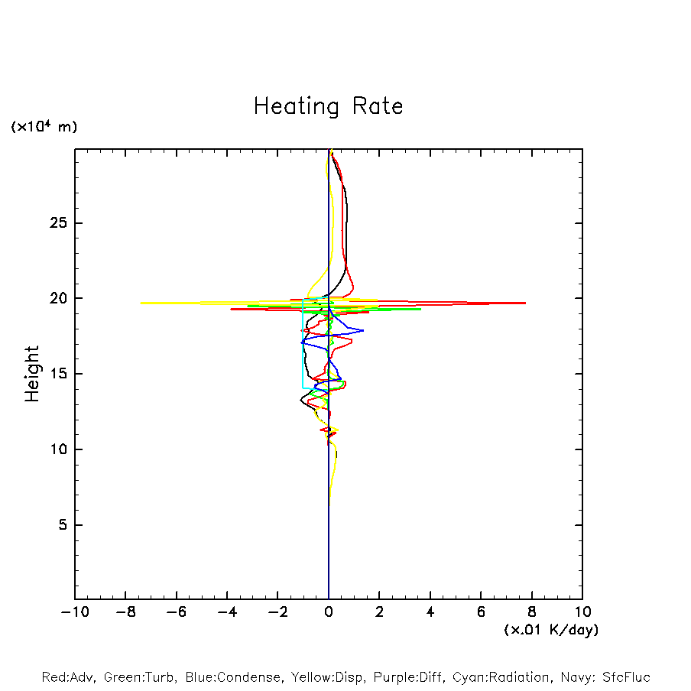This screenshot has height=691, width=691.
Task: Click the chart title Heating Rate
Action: (x=328, y=105)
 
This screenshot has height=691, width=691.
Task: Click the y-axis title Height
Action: (x=32, y=374)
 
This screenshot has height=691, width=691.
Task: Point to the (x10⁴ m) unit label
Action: (x=44, y=127)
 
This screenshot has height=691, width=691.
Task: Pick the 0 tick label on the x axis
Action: (x=329, y=612)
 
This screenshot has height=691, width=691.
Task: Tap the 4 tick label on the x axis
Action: (x=430, y=612)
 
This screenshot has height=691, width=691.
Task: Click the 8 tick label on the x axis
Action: (x=532, y=612)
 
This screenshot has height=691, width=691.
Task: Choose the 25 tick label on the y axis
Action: (x=56, y=223)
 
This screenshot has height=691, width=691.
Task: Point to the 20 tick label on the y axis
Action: (x=56, y=298)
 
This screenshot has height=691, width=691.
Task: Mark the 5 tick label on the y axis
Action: (x=60, y=525)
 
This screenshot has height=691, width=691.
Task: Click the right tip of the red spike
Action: (x=525, y=303)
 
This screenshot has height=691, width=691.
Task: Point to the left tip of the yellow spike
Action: (x=141, y=303)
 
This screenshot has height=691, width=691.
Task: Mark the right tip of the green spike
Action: (x=420, y=309)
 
